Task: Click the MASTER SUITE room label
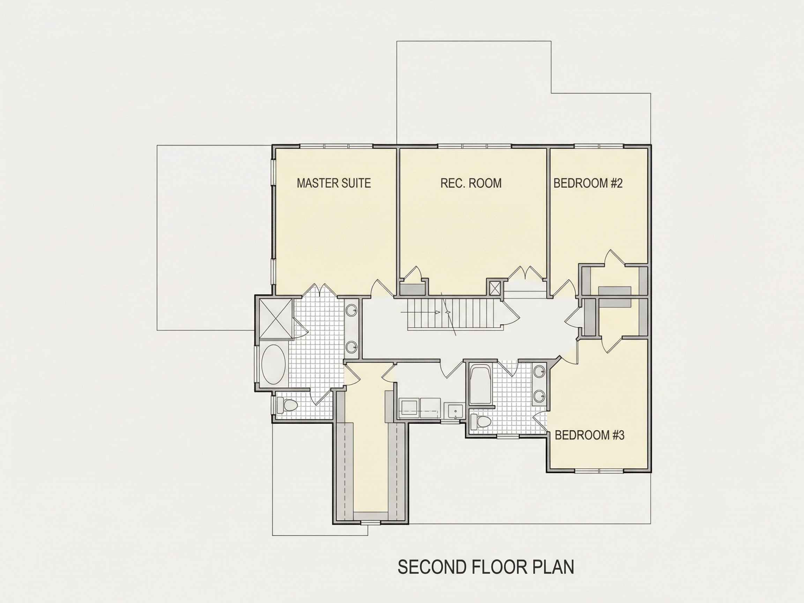click(x=334, y=183)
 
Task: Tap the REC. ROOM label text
click(x=471, y=183)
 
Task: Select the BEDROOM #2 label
click(x=588, y=183)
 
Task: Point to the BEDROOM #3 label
click(x=589, y=435)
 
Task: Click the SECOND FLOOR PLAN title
click(x=486, y=567)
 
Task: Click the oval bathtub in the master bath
click(x=274, y=365)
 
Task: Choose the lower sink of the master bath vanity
click(x=351, y=348)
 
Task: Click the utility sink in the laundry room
click(x=455, y=412)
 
